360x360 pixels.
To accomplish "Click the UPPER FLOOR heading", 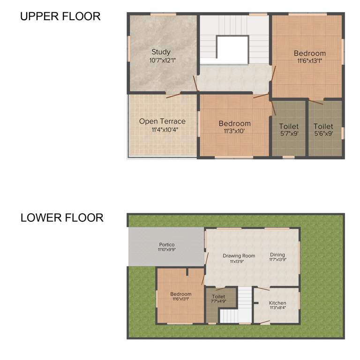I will point(60,16).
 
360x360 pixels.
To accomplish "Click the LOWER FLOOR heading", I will point(62,218).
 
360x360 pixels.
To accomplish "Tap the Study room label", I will point(161,52).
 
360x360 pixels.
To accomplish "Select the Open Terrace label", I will point(162,121).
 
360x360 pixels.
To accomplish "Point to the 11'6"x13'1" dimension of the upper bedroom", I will point(309,60).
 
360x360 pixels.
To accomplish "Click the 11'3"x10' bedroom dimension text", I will point(234,131).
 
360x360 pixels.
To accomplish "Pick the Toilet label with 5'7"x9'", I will point(289,127).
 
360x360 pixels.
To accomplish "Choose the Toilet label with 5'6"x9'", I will point(323,127).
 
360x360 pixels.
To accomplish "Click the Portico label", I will point(167,245).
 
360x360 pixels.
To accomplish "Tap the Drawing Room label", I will point(239,256).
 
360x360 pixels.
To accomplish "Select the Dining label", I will point(277,255).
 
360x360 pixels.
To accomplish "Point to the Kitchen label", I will point(277,303).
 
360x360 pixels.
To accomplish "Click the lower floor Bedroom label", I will point(181,294).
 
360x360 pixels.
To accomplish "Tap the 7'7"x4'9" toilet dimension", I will point(219,302).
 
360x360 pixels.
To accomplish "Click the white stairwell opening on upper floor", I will point(232,47).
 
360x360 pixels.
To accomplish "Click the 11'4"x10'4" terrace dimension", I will point(162,129).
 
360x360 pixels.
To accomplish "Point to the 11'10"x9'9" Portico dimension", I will point(167,250).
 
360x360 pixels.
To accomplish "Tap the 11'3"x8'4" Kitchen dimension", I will point(277,308).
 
